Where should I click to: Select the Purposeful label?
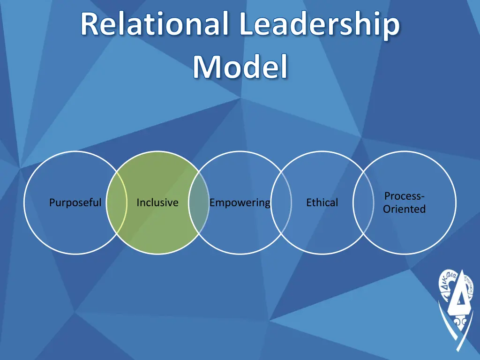coord(75,203)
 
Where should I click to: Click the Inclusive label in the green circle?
coord(157,203)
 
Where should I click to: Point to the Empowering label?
coord(240,203)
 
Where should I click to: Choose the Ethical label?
coord(322,203)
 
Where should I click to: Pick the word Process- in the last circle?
coord(405,196)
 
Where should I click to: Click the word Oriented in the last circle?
coord(405,210)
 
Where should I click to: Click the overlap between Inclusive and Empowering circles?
coord(199,202)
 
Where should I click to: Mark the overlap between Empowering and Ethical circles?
coord(281,202)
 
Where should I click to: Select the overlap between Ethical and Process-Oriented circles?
coord(363,202)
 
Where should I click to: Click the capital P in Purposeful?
coord(52,203)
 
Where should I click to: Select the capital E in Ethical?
coord(309,203)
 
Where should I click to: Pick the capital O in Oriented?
coord(387,210)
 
